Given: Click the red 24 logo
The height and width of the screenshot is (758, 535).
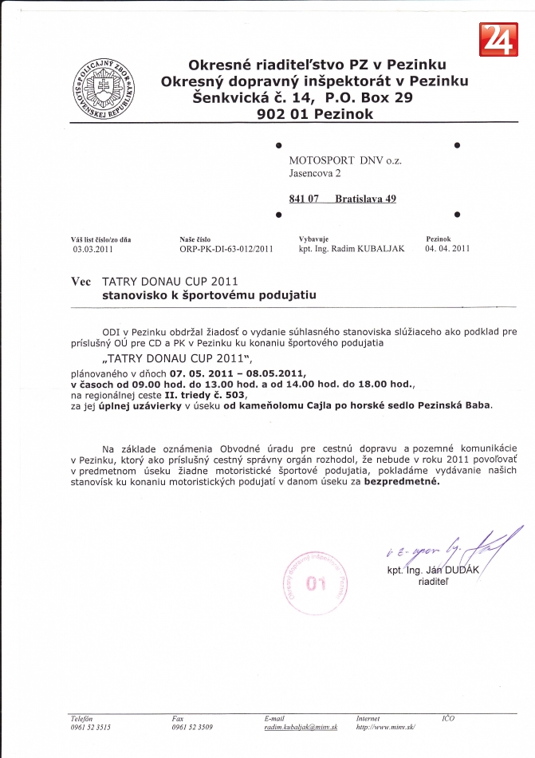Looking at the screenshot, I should (498, 40).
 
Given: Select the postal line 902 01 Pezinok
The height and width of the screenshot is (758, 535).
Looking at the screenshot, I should (316, 114).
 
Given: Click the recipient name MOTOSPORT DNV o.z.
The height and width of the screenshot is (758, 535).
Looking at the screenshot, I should (345, 160).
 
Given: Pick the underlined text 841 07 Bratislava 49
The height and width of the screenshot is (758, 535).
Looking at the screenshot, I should (342, 199).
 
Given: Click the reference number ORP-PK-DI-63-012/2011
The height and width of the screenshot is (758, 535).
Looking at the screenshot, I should (226, 249).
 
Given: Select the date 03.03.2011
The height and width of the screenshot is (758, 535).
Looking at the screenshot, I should (93, 249).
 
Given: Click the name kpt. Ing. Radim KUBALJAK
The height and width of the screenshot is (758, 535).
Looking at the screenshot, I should (352, 249).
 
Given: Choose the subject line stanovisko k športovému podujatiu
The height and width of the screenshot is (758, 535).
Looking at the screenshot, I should (209, 294).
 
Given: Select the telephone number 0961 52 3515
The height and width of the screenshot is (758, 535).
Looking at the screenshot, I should (90, 728).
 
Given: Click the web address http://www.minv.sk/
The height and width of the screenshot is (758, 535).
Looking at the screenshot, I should (386, 728).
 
